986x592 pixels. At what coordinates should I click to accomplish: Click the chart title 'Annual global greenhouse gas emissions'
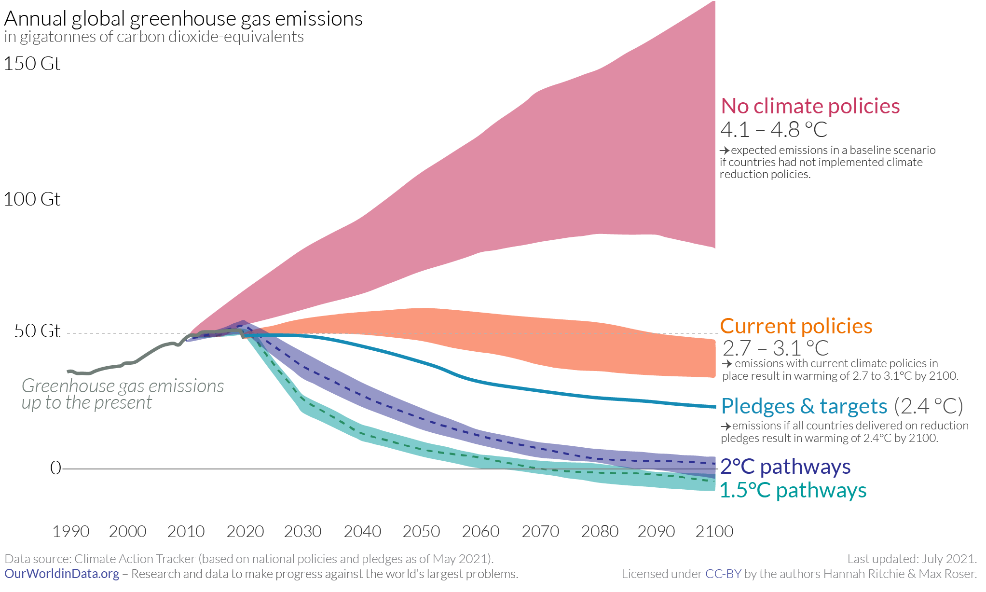(183, 19)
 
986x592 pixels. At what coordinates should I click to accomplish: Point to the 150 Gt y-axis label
(32, 64)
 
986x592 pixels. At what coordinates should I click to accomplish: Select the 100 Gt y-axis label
(32, 199)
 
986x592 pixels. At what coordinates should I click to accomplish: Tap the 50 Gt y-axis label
(37, 331)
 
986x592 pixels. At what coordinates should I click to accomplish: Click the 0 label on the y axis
(55, 468)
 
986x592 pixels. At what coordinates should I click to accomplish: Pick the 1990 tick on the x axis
(71, 532)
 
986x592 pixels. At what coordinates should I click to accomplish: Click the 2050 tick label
(421, 532)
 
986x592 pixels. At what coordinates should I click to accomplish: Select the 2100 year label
(714, 532)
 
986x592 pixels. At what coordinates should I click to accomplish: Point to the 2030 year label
(302, 532)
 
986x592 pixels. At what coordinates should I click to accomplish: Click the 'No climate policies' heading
(810, 106)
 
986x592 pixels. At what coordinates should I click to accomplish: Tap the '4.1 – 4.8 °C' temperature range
(774, 130)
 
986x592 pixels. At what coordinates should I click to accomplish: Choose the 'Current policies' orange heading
(796, 327)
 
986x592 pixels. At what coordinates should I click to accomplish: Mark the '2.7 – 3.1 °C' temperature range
(775, 348)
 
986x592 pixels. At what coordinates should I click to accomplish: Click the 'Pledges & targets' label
(804, 406)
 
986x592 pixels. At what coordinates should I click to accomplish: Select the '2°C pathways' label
(785, 467)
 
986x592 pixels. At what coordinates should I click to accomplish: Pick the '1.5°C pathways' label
(793, 490)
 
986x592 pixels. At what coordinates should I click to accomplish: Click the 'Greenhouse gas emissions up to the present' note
(123, 394)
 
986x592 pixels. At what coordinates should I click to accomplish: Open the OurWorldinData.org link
(62, 574)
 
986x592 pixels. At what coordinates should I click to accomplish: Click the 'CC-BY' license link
(723, 574)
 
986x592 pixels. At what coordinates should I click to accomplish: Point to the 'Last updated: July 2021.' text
(912, 559)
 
